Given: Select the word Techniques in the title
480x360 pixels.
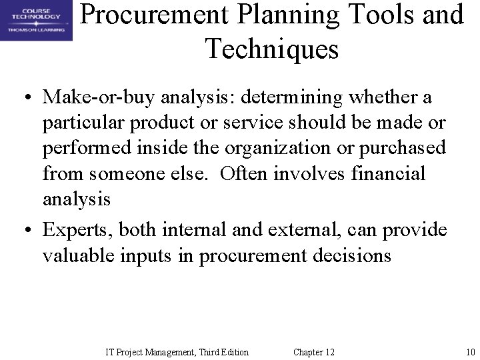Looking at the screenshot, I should [271, 49].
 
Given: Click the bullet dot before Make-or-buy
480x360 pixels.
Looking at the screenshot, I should [24, 99].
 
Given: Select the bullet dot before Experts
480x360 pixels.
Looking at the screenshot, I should [24, 231].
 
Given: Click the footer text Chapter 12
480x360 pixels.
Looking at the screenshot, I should [314, 352].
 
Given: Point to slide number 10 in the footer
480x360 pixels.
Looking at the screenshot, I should [470, 352].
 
